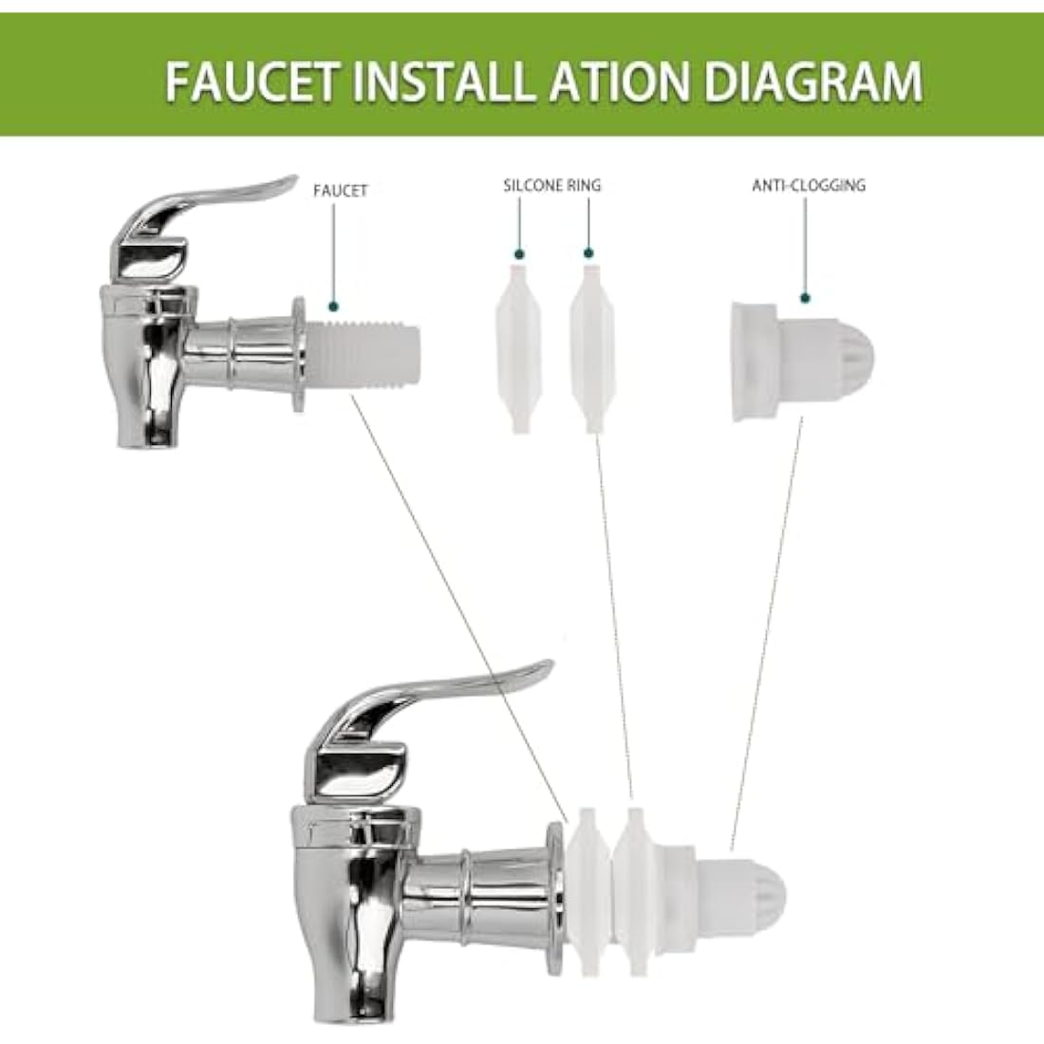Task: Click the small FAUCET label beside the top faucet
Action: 340,191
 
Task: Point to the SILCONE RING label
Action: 552,186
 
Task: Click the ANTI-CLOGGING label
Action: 809,185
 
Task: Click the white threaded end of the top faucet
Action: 363,354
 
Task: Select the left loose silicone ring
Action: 518,349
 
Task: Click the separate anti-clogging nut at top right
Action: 802,362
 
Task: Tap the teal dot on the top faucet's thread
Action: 333,307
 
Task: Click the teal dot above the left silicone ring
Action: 519,253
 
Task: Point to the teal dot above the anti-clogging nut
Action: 805,298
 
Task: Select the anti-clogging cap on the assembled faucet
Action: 729,893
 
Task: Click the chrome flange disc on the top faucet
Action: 299,354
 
